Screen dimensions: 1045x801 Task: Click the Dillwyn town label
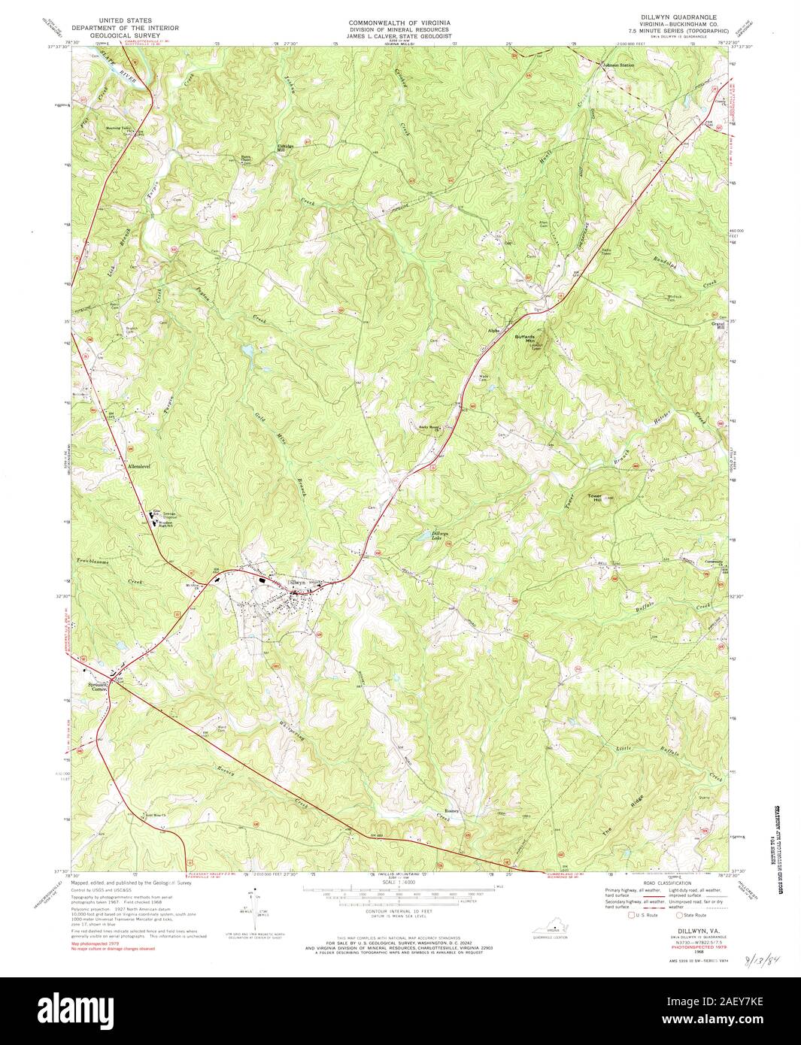point(296,582)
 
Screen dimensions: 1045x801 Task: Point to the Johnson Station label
point(617,65)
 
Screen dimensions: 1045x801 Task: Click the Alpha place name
point(494,329)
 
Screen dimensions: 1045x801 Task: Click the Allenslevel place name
point(136,467)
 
